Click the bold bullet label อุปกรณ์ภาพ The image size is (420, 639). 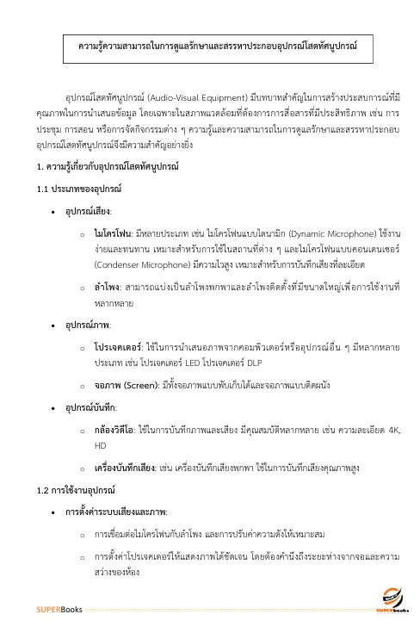[x=89, y=301]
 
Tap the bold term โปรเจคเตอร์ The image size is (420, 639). [x=118, y=322]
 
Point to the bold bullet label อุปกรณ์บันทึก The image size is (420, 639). [x=94, y=382]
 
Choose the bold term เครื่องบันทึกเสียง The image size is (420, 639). [x=126, y=446]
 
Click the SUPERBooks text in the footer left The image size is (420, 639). [x=59, y=611]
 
